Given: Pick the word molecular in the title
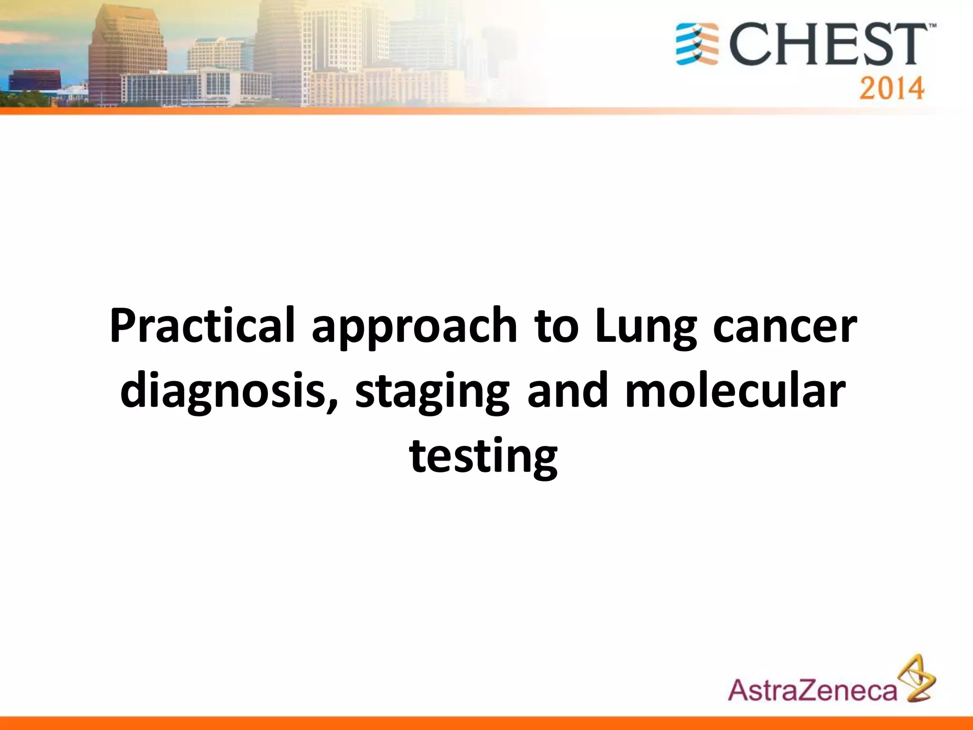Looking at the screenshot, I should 735,391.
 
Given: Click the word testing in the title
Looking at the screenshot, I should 484,456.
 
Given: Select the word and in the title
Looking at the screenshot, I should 567,391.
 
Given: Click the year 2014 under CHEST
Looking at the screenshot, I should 891,88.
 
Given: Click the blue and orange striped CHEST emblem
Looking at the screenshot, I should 697,44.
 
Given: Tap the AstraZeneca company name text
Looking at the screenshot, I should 812,691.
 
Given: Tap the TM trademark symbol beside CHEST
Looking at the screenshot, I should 932,28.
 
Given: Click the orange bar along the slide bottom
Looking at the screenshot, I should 486,722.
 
